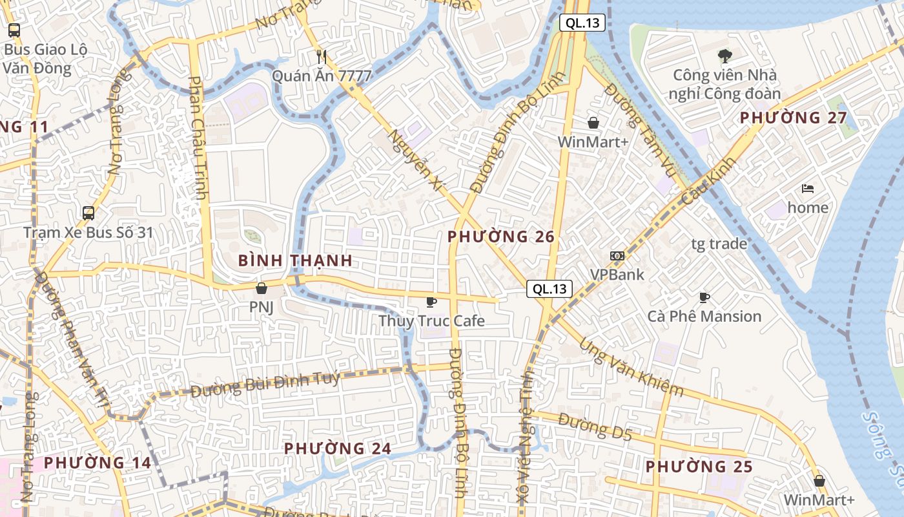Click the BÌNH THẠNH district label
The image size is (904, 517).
pyautogui.click(x=295, y=260)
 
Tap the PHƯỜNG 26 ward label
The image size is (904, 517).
pyautogui.click(x=501, y=237)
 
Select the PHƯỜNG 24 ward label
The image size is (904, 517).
pyautogui.click(x=338, y=448)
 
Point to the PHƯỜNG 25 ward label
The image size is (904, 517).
pyautogui.click(x=699, y=466)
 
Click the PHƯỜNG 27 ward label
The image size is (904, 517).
pyautogui.click(x=793, y=118)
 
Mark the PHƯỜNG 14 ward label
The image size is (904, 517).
pyautogui.click(x=98, y=463)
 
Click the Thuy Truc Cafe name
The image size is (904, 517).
pyautogui.click(x=431, y=321)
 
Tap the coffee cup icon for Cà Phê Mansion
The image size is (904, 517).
pyautogui.click(x=704, y=297)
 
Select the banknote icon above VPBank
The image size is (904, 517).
pyautogui.click(x=617, y=256)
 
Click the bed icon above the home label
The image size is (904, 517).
pyautogui.click(x=808, y=189)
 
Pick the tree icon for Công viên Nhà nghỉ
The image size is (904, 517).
pyautogui.click(x=724, y=56)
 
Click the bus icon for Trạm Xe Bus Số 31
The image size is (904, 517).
pyautogui.click(x=88, y=213)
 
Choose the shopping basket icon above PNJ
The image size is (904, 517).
pyautogui.click(x=262, y=288)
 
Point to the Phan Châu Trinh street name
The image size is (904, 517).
pyautogui.click(x=198, y=137)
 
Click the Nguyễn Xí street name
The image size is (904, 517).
pyautogui.click(x=417, y=160)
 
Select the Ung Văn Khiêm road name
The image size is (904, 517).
pyautogui.click(x=631, y=366)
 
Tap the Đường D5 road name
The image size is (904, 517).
pyautogui.click(x=595, y=427)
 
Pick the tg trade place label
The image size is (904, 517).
pyautogui.click(x=719, y=244)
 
